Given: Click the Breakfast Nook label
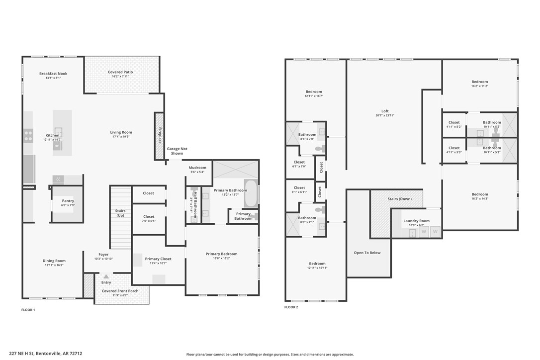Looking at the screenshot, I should pos(53,74).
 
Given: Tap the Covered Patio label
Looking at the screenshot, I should pos(120,72).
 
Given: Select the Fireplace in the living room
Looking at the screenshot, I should pos(159,136).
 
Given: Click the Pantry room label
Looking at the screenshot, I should pos(68,201).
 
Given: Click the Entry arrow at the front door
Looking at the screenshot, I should pos(106,276).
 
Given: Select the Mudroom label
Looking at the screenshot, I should pos(197,168).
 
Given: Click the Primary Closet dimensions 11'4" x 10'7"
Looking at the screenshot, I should pos(159,263).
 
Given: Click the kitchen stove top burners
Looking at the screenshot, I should pos(28,136).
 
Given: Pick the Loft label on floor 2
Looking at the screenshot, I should pos(385,111).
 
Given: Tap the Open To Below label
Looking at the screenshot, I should pos(367,253).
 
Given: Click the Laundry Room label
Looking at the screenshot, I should pos(416,221).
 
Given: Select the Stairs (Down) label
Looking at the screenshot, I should pos(399,199).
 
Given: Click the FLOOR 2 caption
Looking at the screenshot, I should pos(291,307).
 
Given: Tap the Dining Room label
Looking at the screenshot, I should pos(54,261).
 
